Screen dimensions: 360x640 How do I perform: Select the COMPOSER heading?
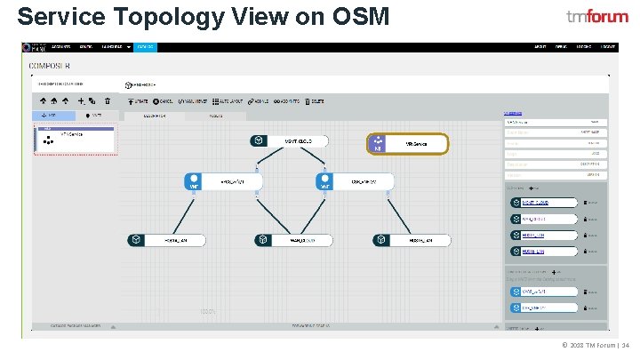coord(50,67)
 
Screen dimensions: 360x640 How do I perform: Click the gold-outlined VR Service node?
coord(407,144)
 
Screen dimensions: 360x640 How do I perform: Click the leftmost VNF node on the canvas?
coord(223,181)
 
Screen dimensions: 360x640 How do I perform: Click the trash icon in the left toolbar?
coord(108,102)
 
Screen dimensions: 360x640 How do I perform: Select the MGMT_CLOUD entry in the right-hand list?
coord(543,203)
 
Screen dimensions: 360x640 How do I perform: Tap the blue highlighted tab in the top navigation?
coord(145,46)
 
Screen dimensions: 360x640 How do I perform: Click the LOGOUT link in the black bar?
coord(607,46)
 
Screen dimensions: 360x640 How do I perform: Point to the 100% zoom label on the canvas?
coord(208,311)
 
